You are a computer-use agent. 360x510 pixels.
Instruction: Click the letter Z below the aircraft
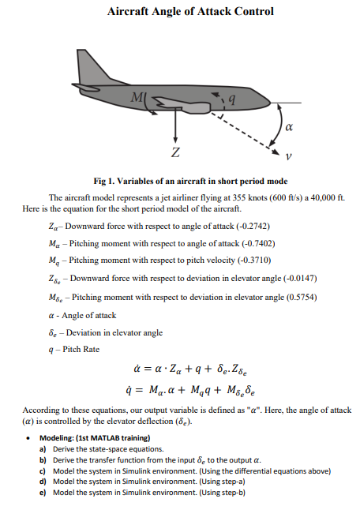[x=174, y=151]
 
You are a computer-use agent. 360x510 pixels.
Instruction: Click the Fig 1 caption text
[x=190, y=181]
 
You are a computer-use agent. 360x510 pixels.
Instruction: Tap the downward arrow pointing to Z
[x=174, y=126]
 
